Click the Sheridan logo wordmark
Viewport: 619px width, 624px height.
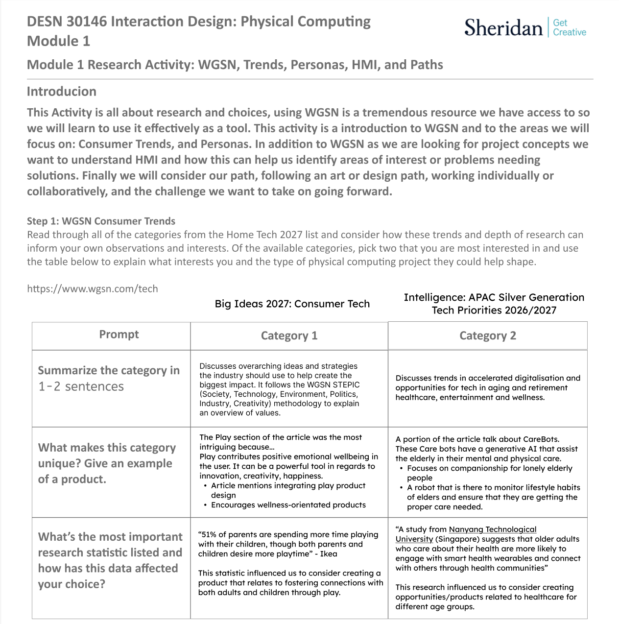(x=503, y=27)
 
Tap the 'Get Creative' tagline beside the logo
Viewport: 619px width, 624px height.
(x=569, y=27)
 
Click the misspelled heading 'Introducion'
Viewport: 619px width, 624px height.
(x=61, y=92)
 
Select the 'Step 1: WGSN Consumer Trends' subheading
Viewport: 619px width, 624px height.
(x=101, y=221)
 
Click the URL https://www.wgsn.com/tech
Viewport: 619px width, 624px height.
(x=92, y=288)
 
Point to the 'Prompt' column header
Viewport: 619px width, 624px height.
(x=119, y=335)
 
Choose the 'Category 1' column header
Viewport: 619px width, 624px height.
(x=289, y=336)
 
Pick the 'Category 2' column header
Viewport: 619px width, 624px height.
(x=487, y=336)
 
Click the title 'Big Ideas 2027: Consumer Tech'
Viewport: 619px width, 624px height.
(x=292, y=304)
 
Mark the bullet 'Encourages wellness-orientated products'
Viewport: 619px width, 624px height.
(x=288, y=505)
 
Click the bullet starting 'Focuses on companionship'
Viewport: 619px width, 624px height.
(x=489, y=468)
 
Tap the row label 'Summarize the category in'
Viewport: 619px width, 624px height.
(x=109, y=370)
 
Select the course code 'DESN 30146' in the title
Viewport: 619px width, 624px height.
(x=67, y=22)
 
